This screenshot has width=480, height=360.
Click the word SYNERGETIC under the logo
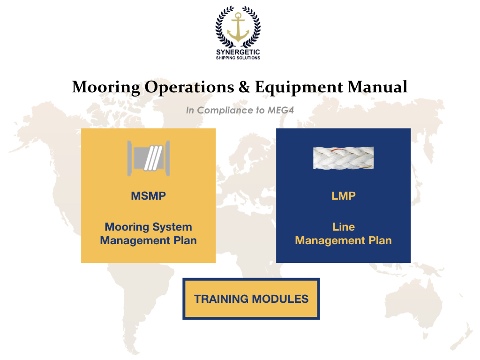[x=238, y=52]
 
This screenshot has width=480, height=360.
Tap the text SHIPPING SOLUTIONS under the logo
[x=238, y=58]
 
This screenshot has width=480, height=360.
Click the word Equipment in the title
[x=299, y=87]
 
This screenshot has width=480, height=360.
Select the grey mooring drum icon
[x=148, y=158]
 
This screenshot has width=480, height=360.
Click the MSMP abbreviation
[x=148, y=196]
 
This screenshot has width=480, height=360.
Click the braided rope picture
[x=343, y=158]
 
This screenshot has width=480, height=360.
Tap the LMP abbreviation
[x=343, y=196]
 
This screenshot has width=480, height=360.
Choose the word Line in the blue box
[x=343, y=227]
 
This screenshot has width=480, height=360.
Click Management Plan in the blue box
[x=343, y=240]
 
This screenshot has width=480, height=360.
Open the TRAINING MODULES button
[x=251, y=299]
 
